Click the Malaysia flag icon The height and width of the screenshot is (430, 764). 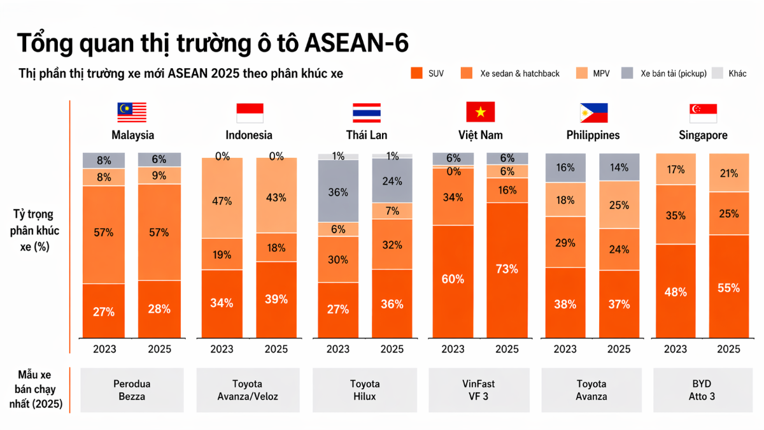coord(132,112)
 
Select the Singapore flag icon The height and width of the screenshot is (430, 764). coord(703,112)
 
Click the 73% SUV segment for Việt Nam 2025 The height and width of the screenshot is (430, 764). coord(507,269)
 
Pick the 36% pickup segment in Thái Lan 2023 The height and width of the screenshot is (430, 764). coord(337,190)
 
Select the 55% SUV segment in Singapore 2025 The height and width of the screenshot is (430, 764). coord(728,287)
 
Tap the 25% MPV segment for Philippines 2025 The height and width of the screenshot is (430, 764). coord(619,206)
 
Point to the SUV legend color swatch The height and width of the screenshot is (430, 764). coord(417,73)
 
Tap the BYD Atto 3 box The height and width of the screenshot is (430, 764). coord(703,390)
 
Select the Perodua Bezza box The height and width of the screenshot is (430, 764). coord(132,390)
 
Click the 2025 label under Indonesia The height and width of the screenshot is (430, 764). coord(276,349)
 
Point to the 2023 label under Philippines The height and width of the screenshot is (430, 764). coord(565,349)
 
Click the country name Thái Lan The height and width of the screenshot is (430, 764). coord(366,135)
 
